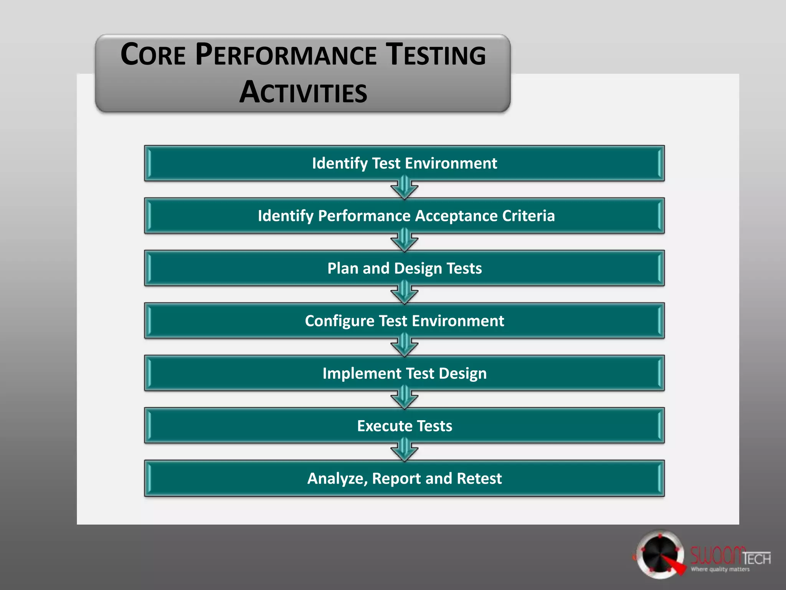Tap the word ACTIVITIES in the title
point(303,93)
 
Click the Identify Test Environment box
point(404,163)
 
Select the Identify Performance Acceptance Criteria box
point(404,216)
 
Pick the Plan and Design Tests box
point(404,268)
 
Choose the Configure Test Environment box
point(404,321)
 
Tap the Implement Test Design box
point(404,373)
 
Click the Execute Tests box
point(404,426)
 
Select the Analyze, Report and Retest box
point(404,478)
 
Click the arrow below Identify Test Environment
point(404,188)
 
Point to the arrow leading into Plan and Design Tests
point(404,241)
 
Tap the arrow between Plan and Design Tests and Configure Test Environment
point(404,293)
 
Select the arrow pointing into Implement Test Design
point(404,346)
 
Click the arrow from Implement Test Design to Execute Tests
point(404,398)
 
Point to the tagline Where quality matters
point(720,569)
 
